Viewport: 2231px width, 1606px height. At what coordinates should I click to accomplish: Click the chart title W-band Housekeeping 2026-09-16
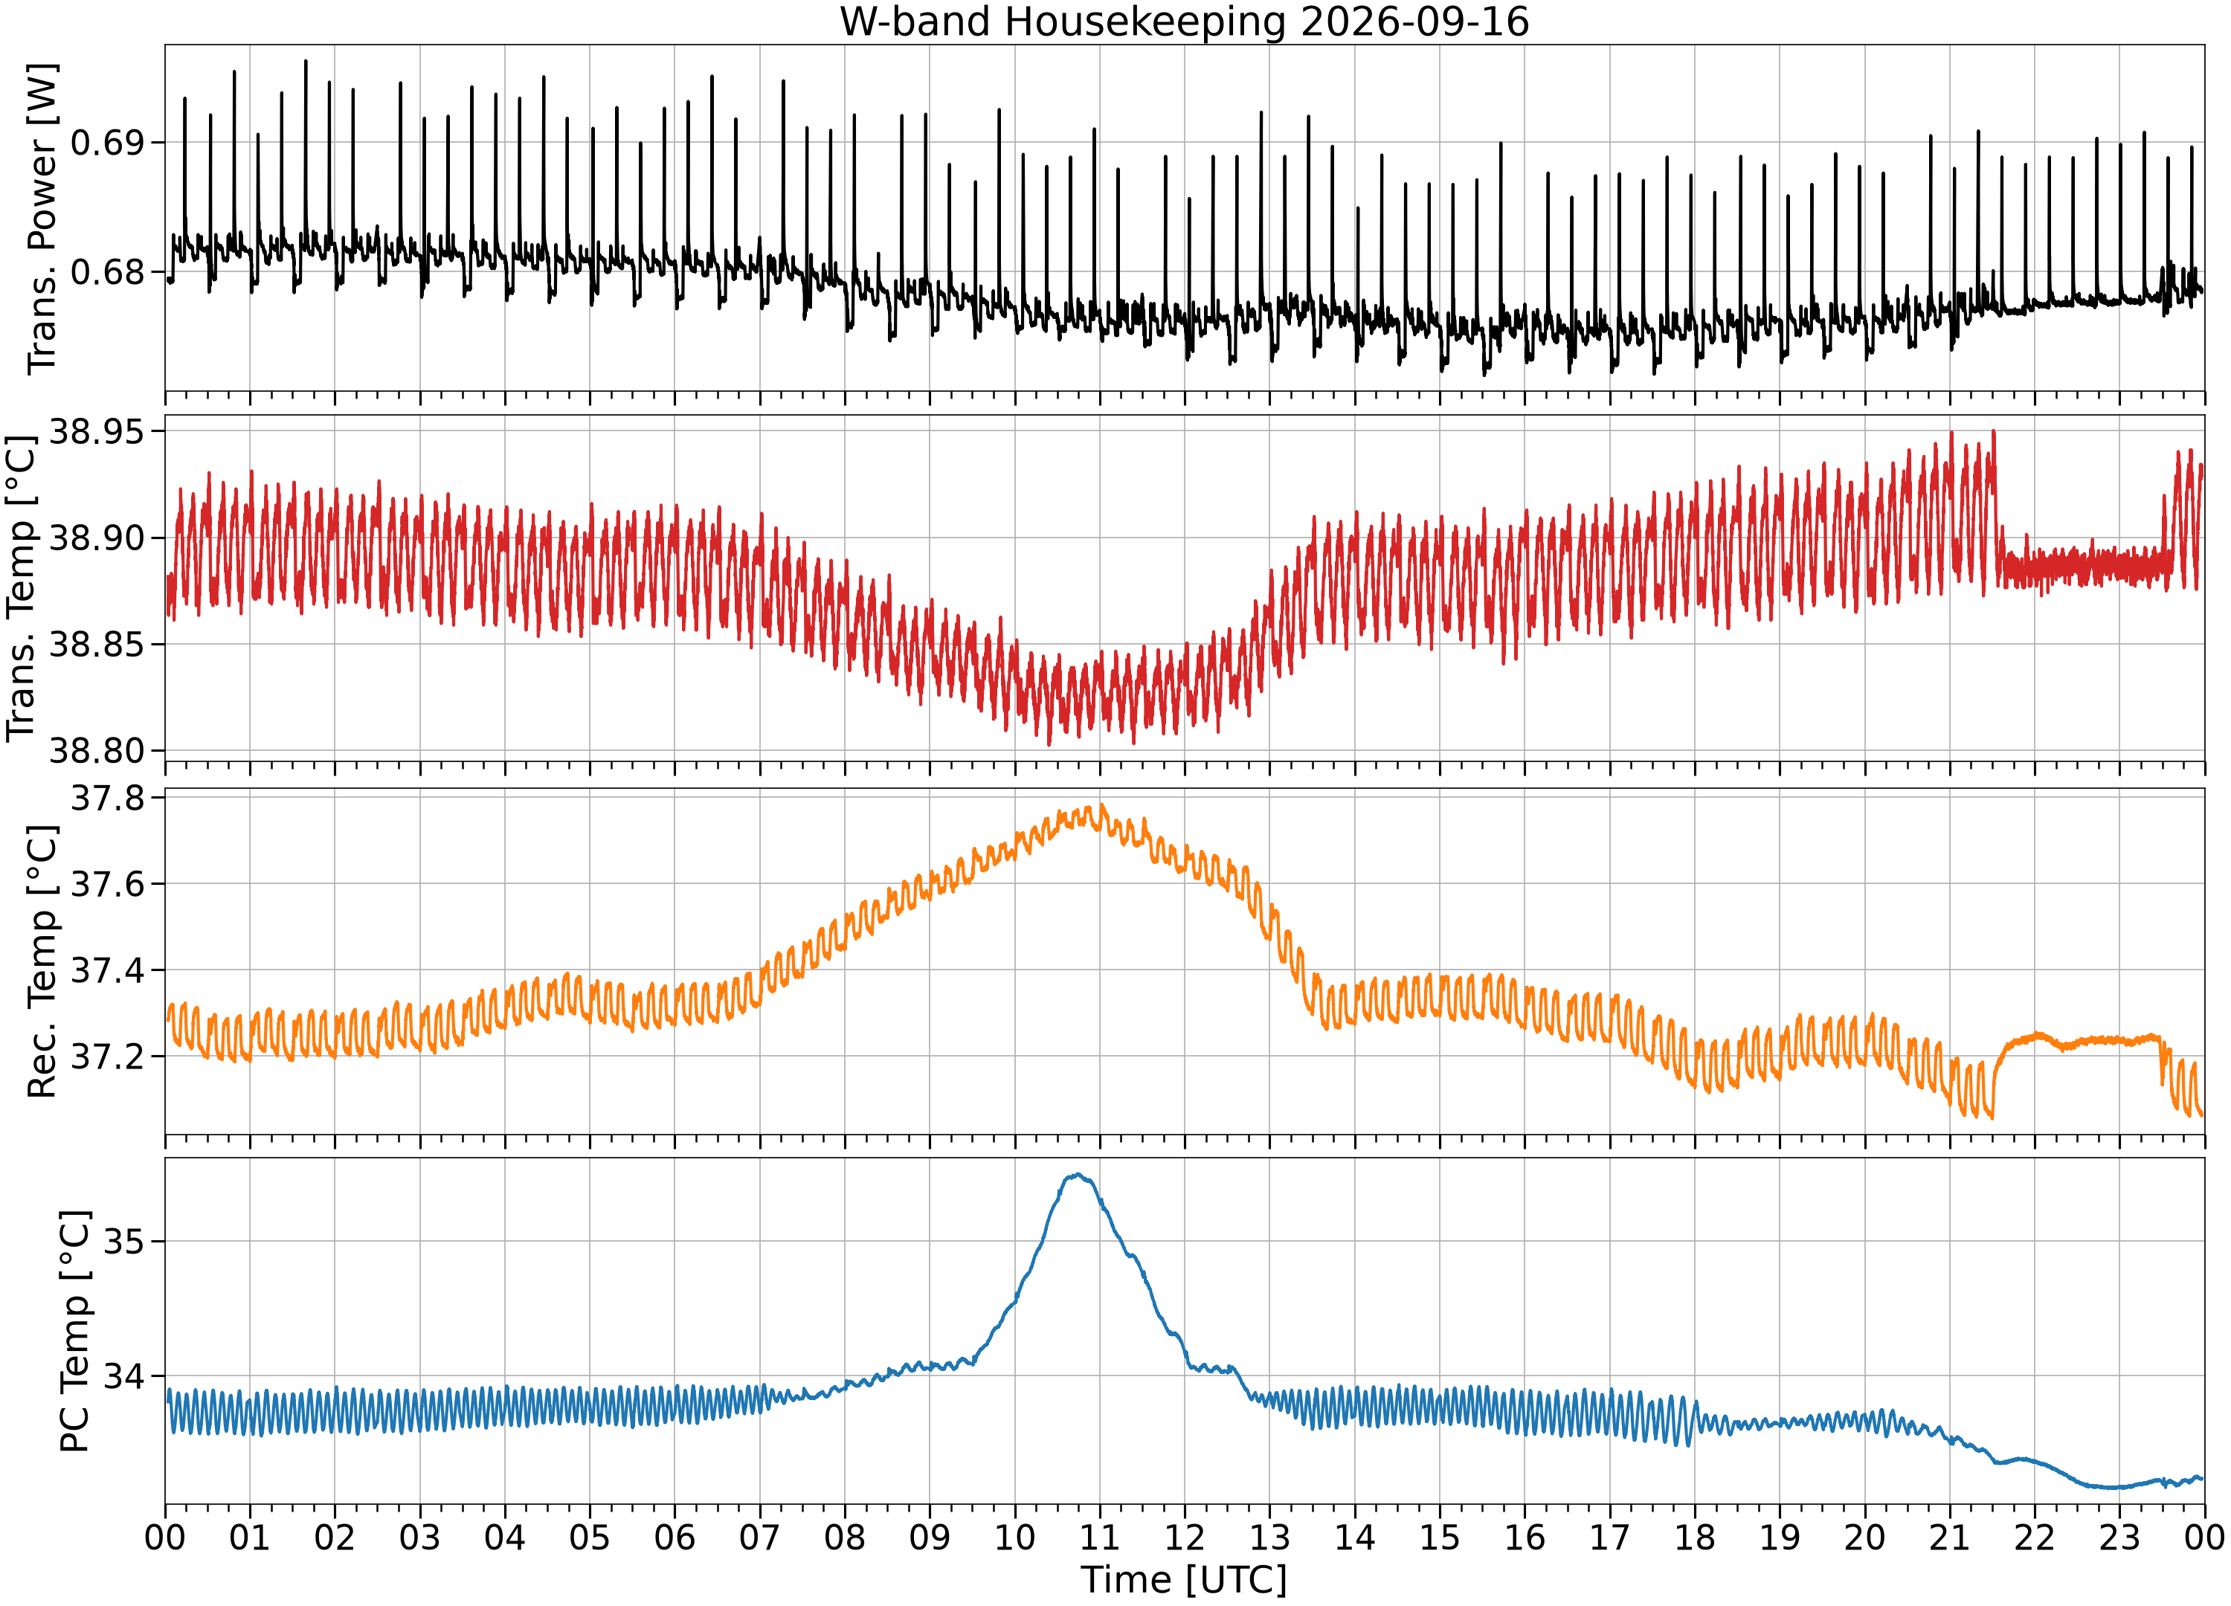(1185, 22)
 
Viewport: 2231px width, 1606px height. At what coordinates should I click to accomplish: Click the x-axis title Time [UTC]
(1185, 1579)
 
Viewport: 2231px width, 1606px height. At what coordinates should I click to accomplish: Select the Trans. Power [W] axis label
(42, 219)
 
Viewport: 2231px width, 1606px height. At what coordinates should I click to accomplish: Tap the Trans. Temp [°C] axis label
(22, 588)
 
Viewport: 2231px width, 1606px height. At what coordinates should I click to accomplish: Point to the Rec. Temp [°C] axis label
(42, 961)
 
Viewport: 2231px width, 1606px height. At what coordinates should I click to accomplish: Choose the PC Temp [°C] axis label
(75, 1331)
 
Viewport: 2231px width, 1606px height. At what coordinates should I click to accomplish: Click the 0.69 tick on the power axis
(106, 143)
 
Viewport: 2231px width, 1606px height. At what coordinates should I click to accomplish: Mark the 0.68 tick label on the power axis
(106, 271)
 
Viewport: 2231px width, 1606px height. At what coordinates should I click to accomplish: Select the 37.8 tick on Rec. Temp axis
(106, 798)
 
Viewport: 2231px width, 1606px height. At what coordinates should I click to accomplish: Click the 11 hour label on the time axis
(1100, 1537)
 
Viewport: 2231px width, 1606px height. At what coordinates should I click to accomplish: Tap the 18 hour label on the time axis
(1695, 1537)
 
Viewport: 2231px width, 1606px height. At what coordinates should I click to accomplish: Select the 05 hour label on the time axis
(589, 1537)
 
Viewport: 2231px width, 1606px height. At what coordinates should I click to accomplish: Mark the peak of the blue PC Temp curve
(1078, 1174)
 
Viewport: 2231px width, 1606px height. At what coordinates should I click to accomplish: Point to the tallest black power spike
(305, 61)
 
